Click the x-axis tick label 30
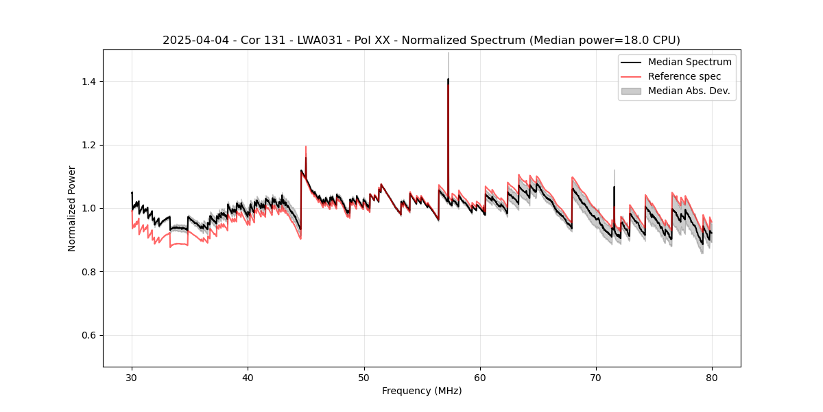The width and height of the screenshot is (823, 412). pos(132,377)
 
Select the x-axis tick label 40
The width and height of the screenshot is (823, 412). pos(248,377)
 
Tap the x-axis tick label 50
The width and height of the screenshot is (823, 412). pos(364,377)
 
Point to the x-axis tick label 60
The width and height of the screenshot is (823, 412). pos(480,377)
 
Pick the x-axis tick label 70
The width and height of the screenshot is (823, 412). pos(596,377)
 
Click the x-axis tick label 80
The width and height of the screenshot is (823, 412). pos(712,377)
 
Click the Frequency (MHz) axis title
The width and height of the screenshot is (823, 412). pos(422,391)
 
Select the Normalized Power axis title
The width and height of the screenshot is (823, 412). pos(72,208)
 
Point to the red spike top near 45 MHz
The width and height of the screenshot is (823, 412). pos(306,146)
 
